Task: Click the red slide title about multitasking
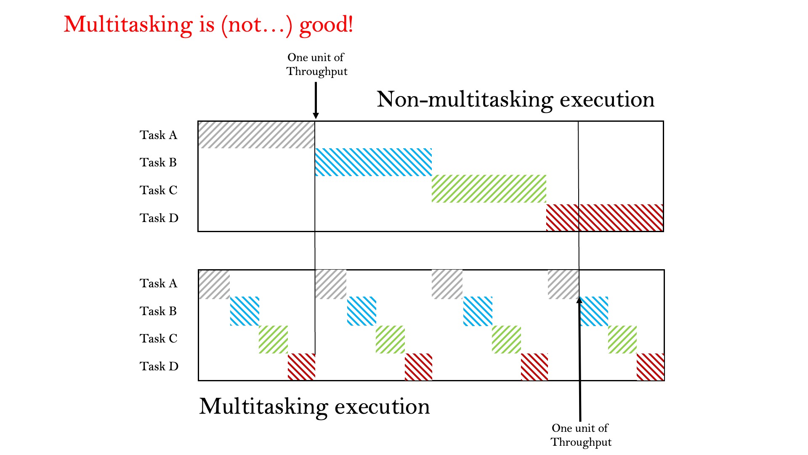tap(208, 25)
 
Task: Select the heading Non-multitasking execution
tap(516, 99)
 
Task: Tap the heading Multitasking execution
tap(314, 407)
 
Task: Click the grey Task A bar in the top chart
tap(256, 135)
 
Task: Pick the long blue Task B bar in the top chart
tap(373, 162)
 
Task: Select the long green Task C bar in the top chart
tap(489, 189)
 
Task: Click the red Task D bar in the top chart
tap(605, 218)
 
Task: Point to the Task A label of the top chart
tap(159, 135)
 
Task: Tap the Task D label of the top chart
tap(159, 218)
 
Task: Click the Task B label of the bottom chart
tap(158, 311)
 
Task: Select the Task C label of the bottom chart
tap(159, 338)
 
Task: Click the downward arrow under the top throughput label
tap(316, 101)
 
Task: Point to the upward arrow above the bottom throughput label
tap(579, 359)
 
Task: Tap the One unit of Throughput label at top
tap(317, 64)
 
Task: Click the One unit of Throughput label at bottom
tap(581, 435)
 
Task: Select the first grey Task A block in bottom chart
tap(214, 284)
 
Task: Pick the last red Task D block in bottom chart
tap(650, 367)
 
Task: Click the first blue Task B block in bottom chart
tap(245, 311)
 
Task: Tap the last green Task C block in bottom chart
tap(622, 340)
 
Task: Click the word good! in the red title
tap(326, 25)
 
